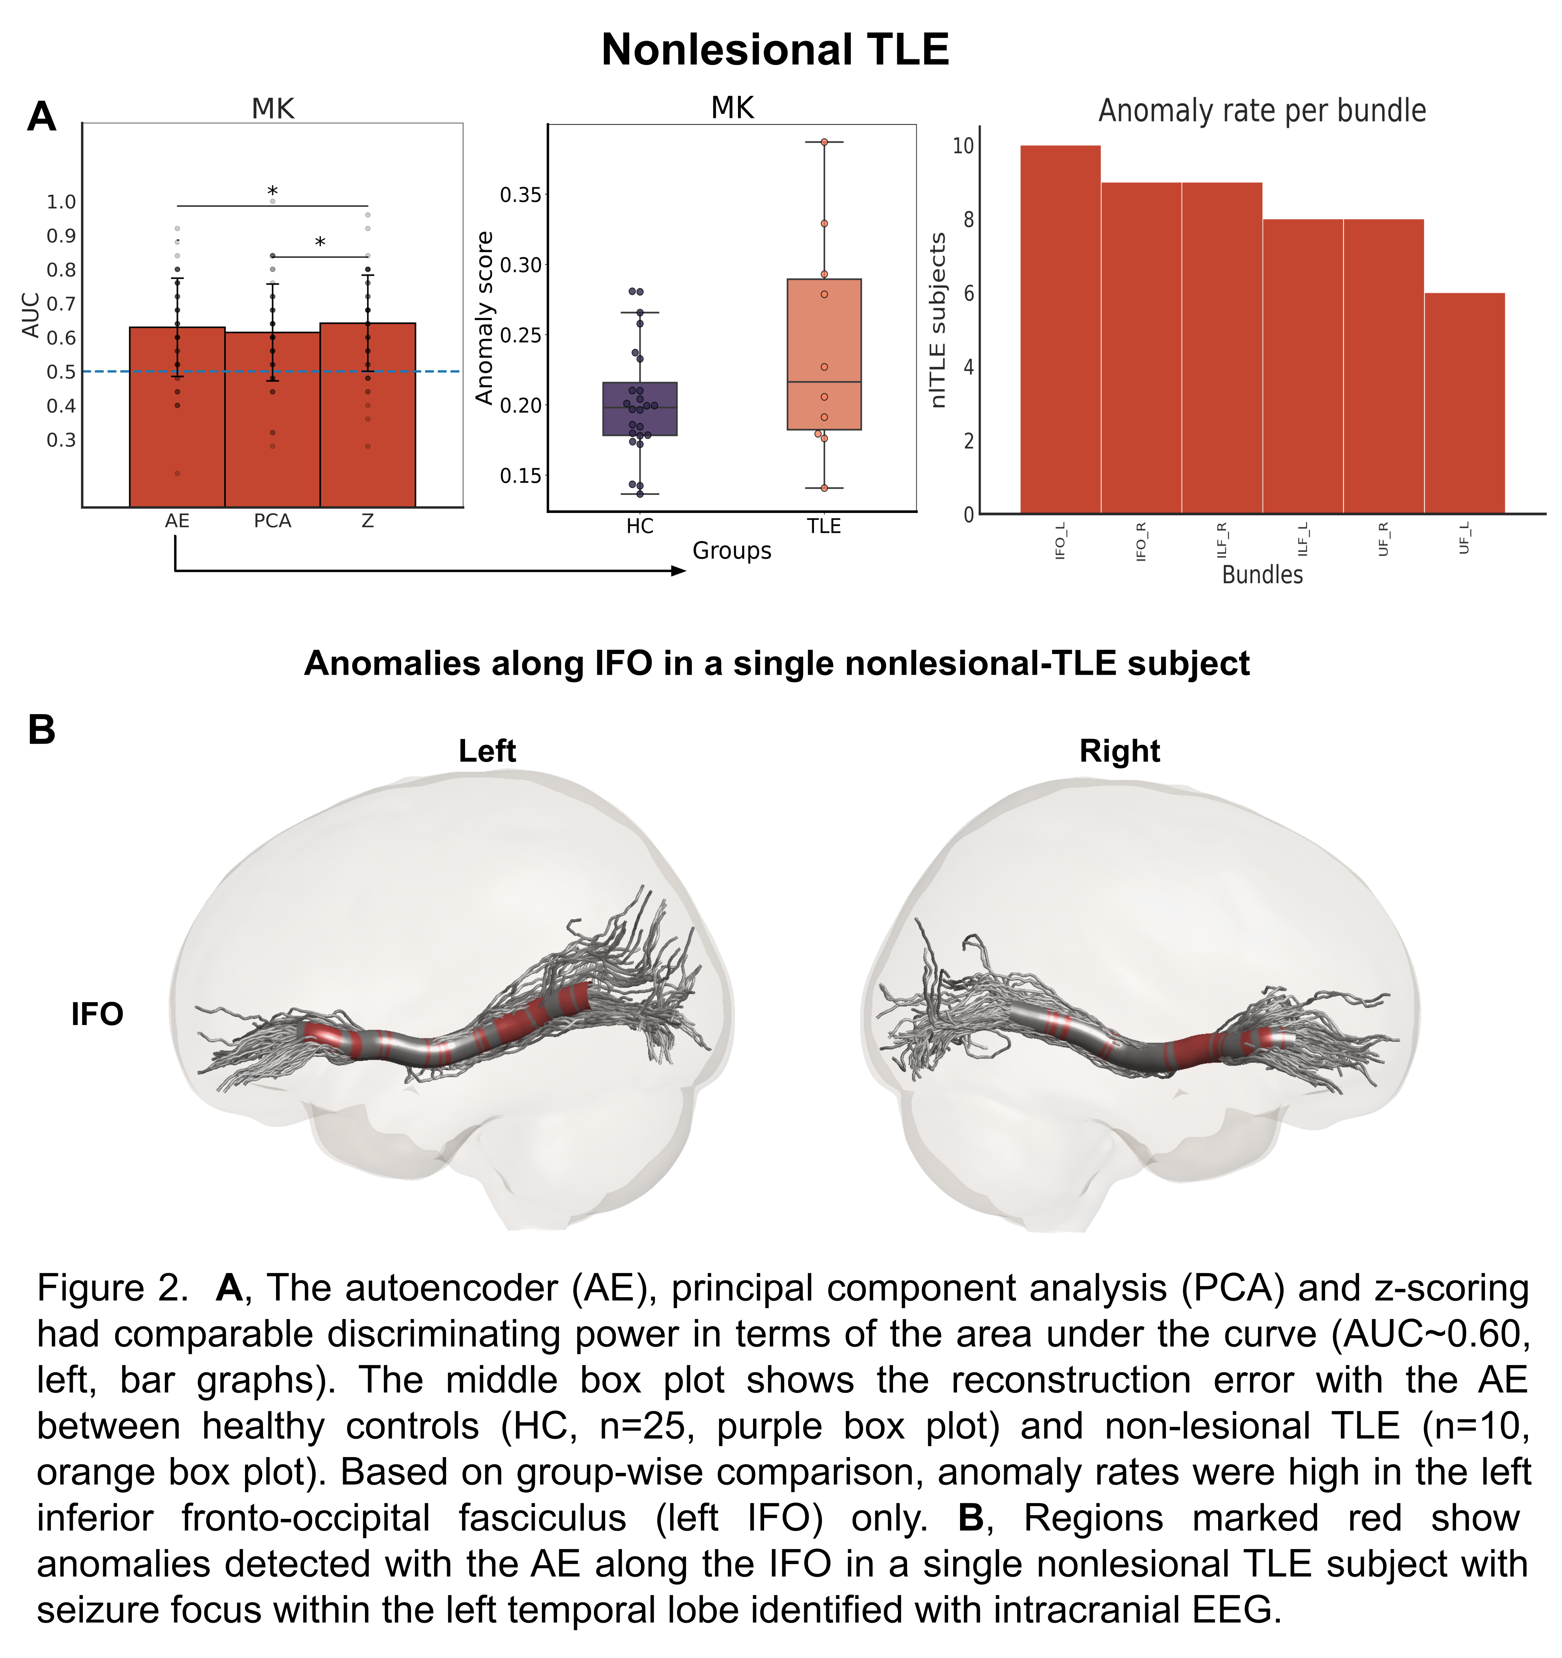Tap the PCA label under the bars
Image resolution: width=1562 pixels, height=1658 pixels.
(x=273, y=521)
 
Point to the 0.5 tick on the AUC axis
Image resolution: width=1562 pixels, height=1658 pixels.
(x=61, y=372)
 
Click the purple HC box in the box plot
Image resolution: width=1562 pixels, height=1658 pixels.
(x=640, y=409)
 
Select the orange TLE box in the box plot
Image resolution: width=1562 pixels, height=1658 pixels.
(x=824, y=355)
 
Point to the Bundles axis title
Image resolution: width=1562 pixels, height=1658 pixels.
(x=1262, y=575)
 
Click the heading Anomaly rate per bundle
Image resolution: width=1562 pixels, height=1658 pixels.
(x=1262, y=111)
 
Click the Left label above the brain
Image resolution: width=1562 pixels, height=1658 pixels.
(x=487, y=751)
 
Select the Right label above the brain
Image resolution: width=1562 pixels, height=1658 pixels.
(x=1119, y=751)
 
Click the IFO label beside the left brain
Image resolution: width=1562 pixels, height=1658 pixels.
(x=97, y=1014)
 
